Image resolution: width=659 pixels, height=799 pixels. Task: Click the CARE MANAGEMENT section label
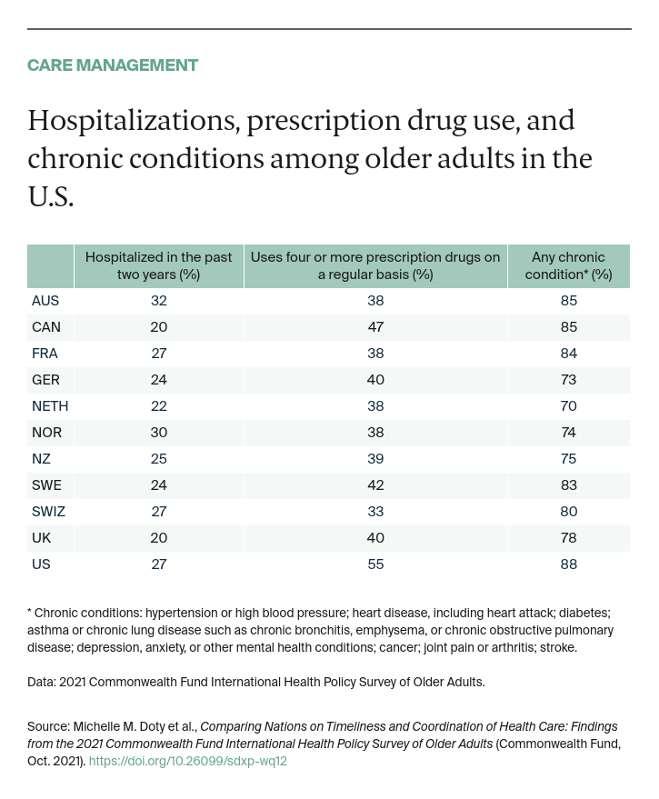(113, 65)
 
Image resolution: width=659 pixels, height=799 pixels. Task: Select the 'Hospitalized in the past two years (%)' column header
(158, 265)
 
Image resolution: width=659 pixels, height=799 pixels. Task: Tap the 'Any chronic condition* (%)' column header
(568, 265)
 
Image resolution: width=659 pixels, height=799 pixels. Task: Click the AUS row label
(45, 301)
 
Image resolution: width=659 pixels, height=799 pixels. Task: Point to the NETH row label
(49, 406)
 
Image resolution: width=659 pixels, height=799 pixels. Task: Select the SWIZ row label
(48, 512)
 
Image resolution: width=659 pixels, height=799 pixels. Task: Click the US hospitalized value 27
(158, 564)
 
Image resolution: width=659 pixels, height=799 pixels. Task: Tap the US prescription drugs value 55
(374, 564)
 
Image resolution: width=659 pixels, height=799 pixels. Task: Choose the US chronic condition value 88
(568, 564)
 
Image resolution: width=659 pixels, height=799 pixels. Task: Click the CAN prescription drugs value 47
(374, 327)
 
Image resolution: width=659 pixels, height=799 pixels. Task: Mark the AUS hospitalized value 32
(158, 301)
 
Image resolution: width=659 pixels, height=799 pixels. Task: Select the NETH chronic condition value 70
(568, 406)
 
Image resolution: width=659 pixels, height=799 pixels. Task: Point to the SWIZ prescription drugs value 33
(374, 512)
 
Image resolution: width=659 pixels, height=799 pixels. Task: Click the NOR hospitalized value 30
(158, 433)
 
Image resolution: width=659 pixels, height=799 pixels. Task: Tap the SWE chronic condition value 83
(568, 485)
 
